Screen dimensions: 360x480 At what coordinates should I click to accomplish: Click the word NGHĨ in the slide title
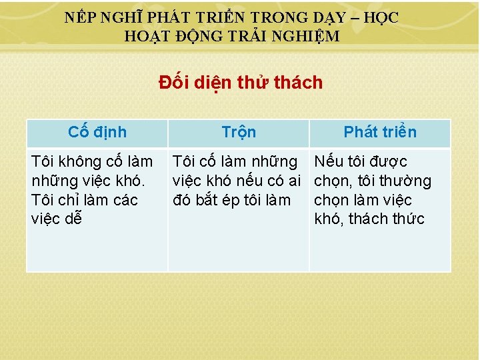(x=119, y=18)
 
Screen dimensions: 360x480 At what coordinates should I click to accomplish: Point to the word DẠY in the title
(x=320, y=18)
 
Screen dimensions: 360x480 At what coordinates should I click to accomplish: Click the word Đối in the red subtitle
(x=173, y=83)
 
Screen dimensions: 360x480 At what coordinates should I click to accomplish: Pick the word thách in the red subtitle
(x=299, y=83)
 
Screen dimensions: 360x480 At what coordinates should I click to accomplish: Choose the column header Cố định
(x=97, y=132)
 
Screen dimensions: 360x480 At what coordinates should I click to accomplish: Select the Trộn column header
(x=238, y=132)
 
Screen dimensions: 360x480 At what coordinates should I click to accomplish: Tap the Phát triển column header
(x=380, y=132)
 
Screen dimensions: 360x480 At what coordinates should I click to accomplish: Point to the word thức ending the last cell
(x=406, y=219)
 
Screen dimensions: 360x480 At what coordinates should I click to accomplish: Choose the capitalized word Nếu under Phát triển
(x=329, y=161)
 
